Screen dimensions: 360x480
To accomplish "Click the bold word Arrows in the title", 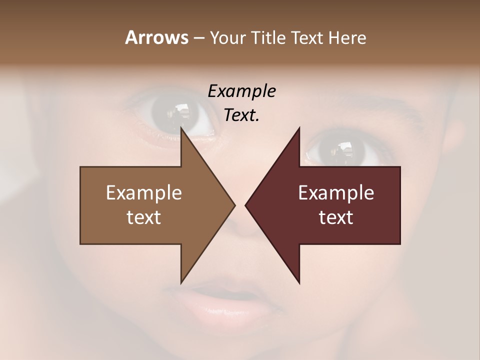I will [x=156, y=37].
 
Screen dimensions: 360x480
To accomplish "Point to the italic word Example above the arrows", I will [x=242, y=91].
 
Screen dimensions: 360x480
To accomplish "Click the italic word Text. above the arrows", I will [x=242, y=115].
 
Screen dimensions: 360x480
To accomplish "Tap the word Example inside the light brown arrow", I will [x=144, y=193].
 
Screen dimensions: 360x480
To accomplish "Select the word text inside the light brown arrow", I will [x=144, y=217].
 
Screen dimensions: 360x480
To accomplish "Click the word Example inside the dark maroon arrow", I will [x=336, y=193].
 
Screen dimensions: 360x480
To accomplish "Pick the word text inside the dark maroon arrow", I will [x=336, y=217].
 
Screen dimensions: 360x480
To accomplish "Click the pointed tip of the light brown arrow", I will [x=234, y=205].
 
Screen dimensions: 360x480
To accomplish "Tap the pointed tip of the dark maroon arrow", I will [x=246, y=205].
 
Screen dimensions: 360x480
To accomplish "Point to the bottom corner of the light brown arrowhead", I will [x=181, y=282].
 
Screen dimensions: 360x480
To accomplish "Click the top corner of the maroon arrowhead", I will [x=299, y=128].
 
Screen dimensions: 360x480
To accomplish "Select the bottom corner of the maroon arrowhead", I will [x=299, y=282].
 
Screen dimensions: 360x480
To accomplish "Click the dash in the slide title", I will [x=198, y=38].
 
